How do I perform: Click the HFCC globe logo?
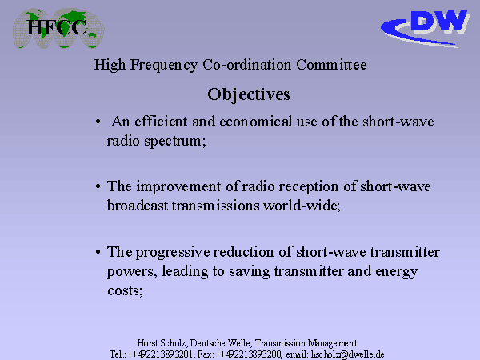tap(58, 28)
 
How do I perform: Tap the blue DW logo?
tap(426, 28)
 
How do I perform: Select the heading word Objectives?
tap(249, 94)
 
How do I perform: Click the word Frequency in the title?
tap(164, 66)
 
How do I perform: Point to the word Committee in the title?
tap(331, 65)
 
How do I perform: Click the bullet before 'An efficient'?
tap(98, 122)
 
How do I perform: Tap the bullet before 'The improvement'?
tap(98, 186)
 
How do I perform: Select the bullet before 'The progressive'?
tap(98, 252)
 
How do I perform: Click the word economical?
tap(256, 122)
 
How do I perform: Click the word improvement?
tap(178, 186)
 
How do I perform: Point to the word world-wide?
tap(302, 206)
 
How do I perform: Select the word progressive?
tap(173, 253)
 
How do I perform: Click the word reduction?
tap(243, 252)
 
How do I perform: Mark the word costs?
tap(126, 291)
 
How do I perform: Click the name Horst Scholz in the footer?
tap(162, 343)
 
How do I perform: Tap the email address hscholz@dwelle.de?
tap(347, 354)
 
